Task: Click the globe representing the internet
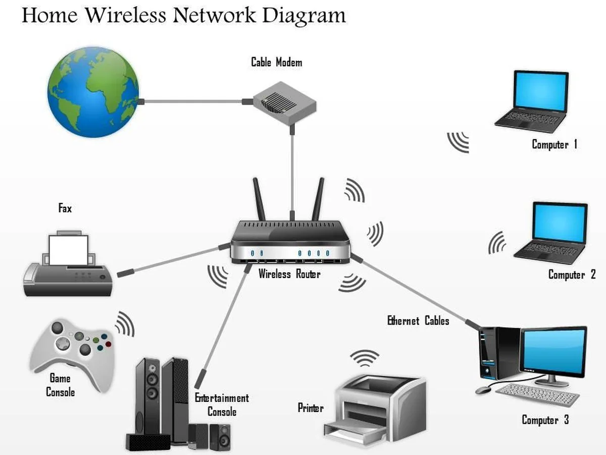(93, 93)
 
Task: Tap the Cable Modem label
(277, 63)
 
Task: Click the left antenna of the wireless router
(259, 199)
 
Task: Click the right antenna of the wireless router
(318, 198)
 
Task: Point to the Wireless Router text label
(289, 274)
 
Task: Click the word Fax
(65, 208)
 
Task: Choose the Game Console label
(60, 385)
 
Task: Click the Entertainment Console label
(222, 405)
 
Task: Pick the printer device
(374, 404)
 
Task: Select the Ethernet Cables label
(418, 321)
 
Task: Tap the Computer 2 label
(572, 275)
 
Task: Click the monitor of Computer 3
(554, 350)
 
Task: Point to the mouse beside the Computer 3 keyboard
(484, 390)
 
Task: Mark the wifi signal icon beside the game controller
(125, 324)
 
